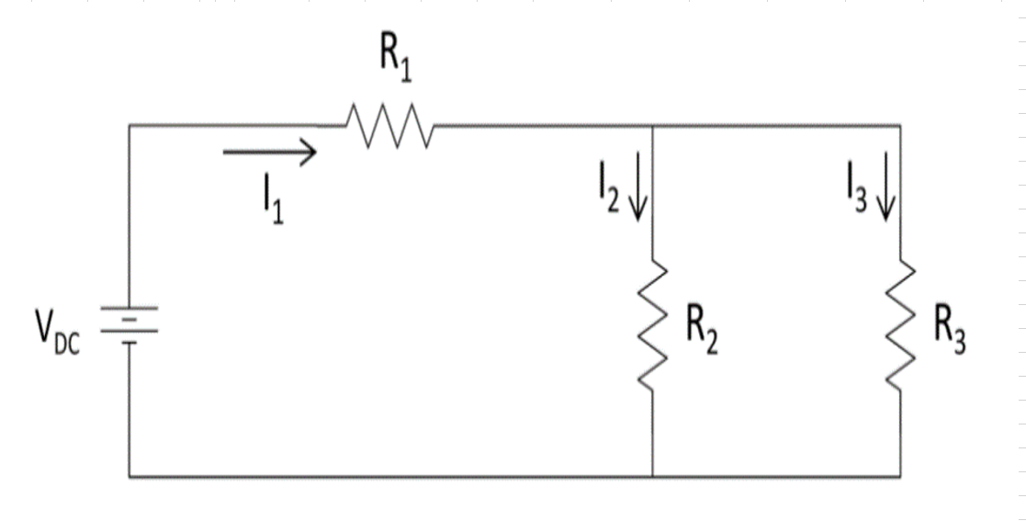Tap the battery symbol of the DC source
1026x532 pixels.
[130, 327]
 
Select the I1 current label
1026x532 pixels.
[272, 200]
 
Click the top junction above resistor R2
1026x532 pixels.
[652, 125]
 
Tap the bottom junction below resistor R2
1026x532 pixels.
[652, 477]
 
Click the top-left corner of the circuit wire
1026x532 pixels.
[130, 125]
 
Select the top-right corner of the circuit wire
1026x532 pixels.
[900, 125]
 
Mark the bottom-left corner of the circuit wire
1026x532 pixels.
[130, 477]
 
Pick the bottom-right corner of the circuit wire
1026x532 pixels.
[900, 477]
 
